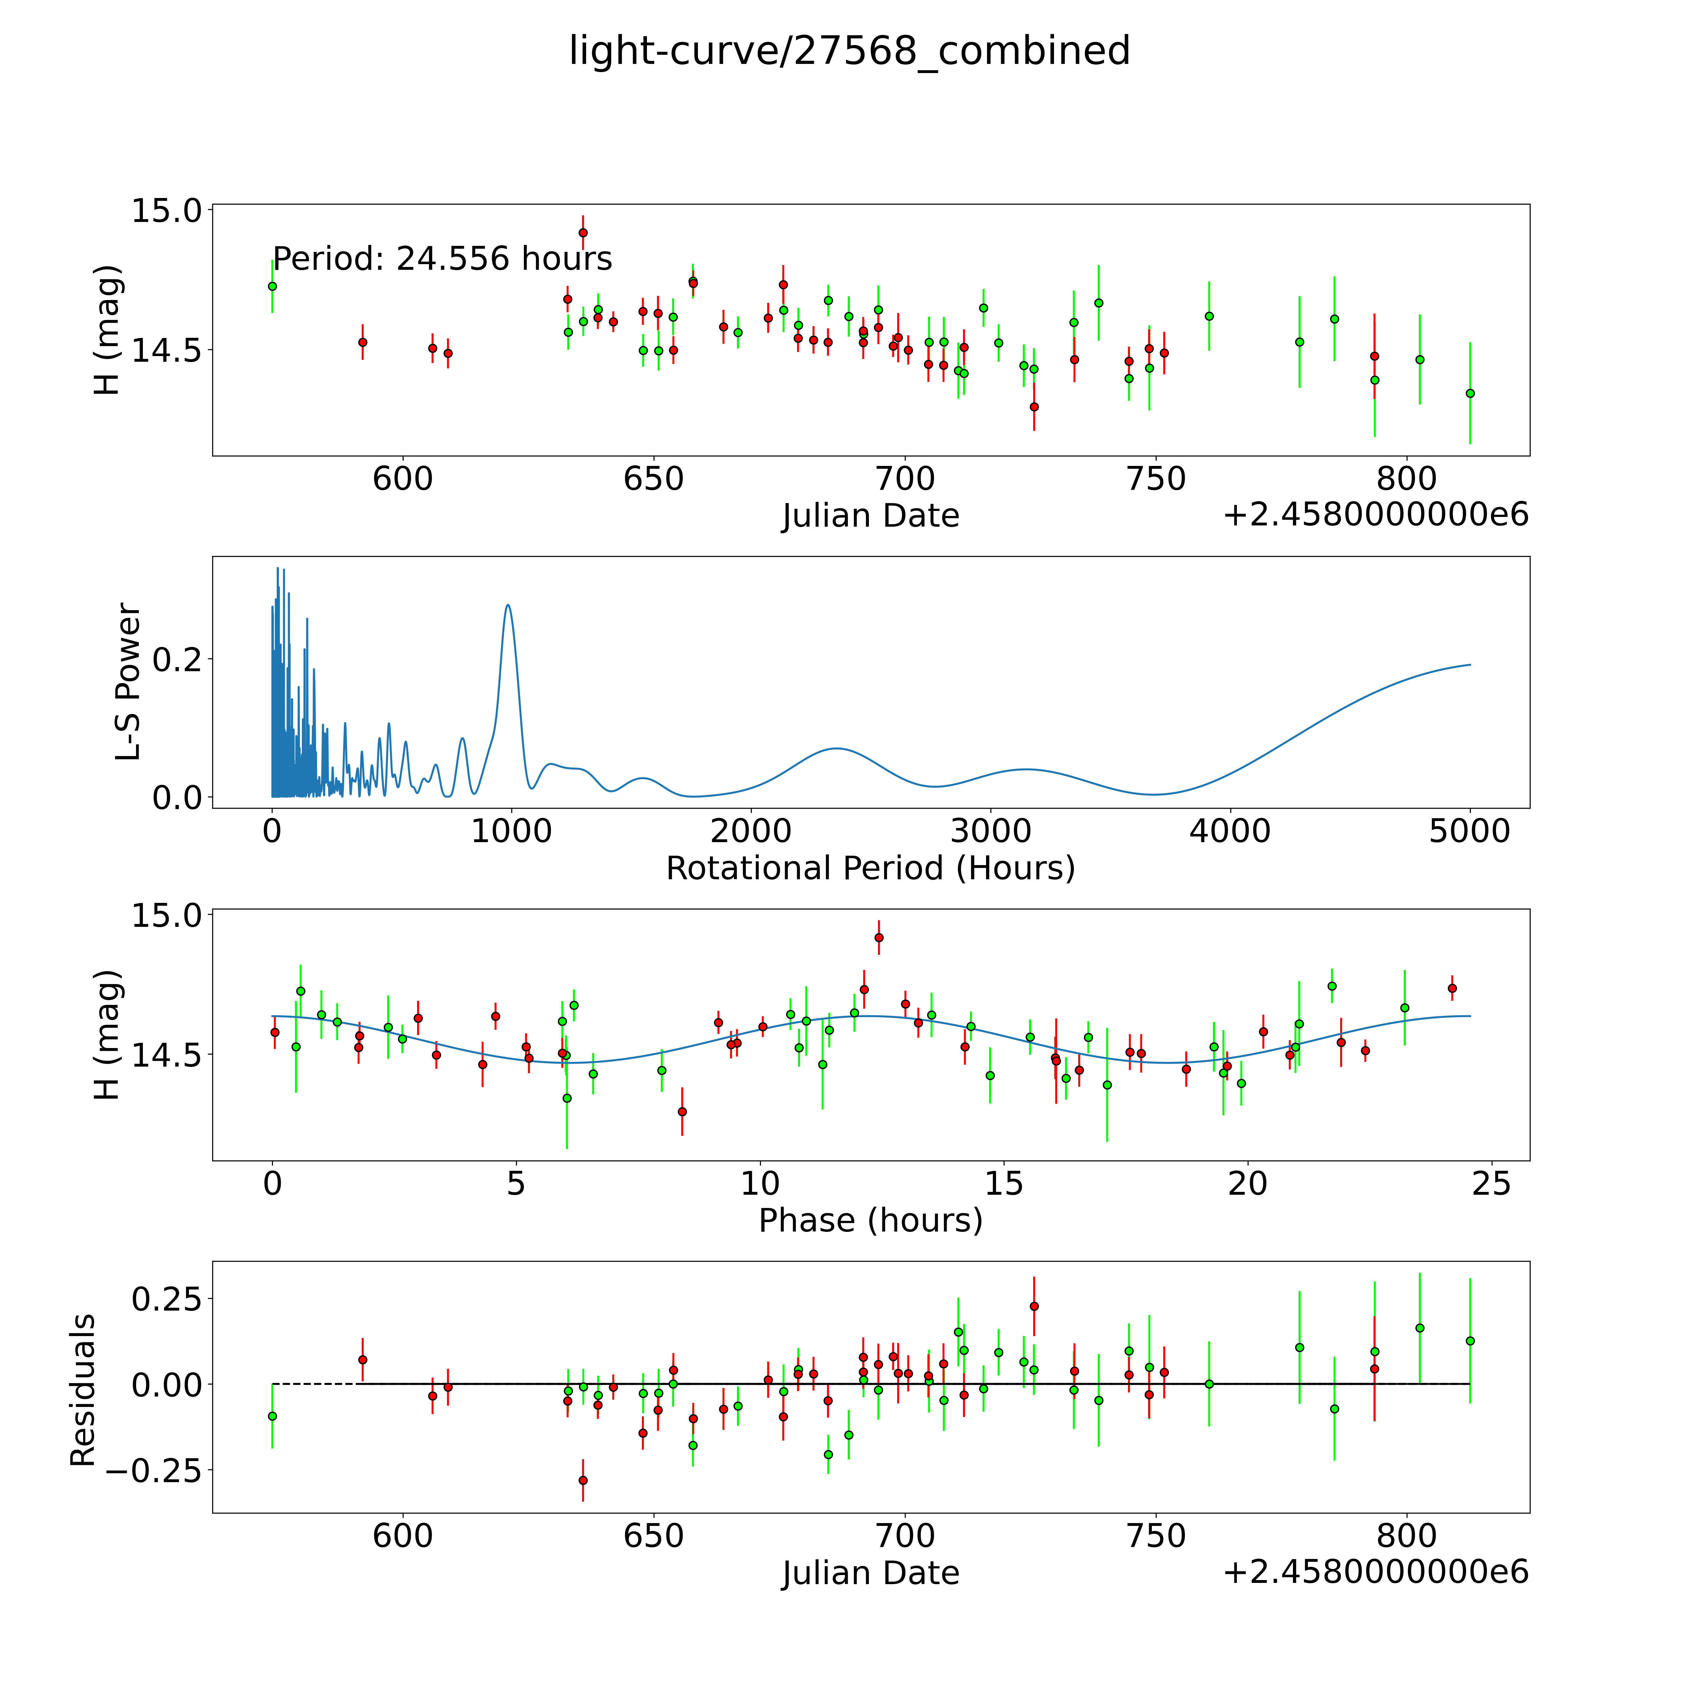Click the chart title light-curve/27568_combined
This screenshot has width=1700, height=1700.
(x=849, y=51)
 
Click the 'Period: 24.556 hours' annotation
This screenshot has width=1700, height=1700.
(x=443, y=259)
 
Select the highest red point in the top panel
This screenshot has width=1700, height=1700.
(x=582, y=232)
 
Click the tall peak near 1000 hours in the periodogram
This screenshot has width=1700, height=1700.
(x=508, y=605)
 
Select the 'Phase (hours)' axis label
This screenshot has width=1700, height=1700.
(x=870, y=1221)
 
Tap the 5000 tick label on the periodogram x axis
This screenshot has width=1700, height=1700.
(x=1470, y=831)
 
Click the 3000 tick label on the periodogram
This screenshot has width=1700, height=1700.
(x=991, y=831)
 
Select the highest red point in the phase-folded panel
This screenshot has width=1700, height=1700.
(x=878, y=937)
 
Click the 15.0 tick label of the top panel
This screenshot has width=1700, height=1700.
(x=166, y=210)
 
